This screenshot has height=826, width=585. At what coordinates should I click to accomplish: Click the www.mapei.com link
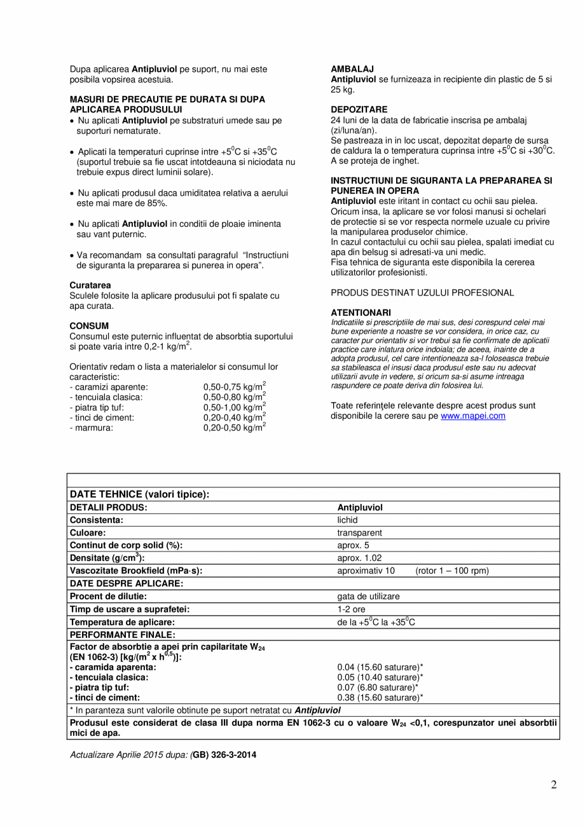(472, 416)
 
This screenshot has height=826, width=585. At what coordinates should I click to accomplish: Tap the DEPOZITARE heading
(359, 109)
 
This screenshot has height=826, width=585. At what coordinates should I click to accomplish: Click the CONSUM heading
(89, 325)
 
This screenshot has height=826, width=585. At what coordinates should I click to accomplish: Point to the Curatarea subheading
(90, 285)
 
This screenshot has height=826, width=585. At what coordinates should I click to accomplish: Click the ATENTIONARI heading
(361, 313)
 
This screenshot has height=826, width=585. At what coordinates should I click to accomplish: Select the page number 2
(553, 785)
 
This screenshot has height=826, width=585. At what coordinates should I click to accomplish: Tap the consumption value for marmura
(234, 428)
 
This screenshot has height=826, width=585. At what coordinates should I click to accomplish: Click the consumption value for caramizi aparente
(234, 387)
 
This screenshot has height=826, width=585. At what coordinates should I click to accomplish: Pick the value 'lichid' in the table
(347, 520)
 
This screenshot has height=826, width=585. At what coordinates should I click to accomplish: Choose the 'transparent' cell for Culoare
(359, 532)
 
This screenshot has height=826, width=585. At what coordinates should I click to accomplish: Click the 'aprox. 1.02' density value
(359, 558)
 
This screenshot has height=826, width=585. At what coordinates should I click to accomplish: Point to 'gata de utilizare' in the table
(368, 596)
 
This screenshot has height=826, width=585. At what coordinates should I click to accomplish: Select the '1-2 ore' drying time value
(351, 609)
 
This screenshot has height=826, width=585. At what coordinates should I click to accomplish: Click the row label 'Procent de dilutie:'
(108, 596)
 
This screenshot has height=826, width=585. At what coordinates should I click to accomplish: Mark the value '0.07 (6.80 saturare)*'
(380, 687)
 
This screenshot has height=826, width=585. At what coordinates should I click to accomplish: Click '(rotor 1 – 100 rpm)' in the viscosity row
(452, 571)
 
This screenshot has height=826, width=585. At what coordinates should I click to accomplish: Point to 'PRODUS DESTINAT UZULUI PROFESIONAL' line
(422, 293)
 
